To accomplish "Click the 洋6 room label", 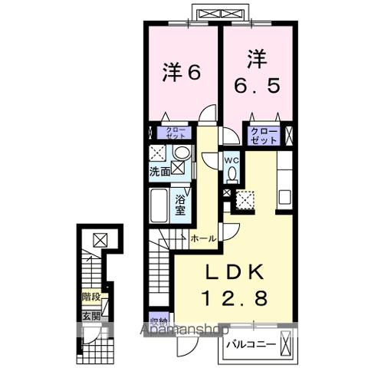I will [x=182, y=72].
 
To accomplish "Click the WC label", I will [x=231, y=159].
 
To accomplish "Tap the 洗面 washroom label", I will [x=159, y=172].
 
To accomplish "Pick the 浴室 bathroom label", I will [x=182, y=205].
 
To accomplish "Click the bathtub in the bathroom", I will [x=159, y=206].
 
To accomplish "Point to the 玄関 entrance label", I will [x=90, y=314].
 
